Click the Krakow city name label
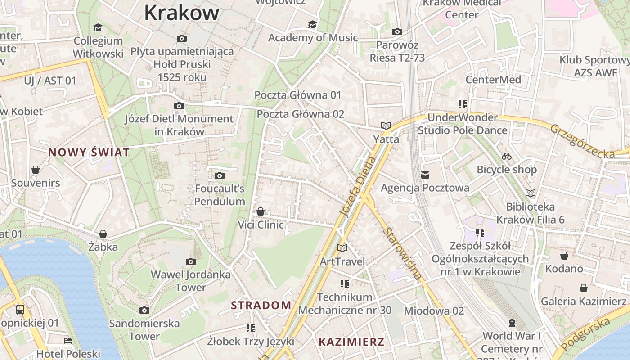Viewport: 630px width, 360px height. click(x=182, y=13)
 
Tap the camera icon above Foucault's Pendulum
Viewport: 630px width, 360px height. click(x=220, y=175)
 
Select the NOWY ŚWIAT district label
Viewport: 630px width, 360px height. click(x=89, y=153)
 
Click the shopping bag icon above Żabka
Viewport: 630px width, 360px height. click(x=103, y=234)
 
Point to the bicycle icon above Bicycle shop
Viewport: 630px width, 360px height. click(x=507, y=156)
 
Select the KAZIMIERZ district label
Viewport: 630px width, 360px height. click(x=351, y=342)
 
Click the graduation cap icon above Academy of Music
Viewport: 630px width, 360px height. click(x=312, y=24)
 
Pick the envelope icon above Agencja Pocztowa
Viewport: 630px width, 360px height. click(x=425, y=175)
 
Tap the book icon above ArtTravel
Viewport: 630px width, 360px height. click(x=342, y=248)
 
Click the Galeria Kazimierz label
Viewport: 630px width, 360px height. click(x=584, y=301)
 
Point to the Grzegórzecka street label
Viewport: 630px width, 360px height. click(x=582, y=141)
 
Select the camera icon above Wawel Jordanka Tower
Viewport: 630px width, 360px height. click(x=191, y=261)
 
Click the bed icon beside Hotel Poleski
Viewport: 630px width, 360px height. click(x=68, y=341)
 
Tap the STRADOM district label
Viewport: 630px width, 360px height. click(x=261, y=305)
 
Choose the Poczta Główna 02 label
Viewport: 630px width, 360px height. click(x=300, y=114)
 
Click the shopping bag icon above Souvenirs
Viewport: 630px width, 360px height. click(x=36, y=170)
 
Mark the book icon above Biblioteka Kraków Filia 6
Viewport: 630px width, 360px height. click(x=531, y=193)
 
